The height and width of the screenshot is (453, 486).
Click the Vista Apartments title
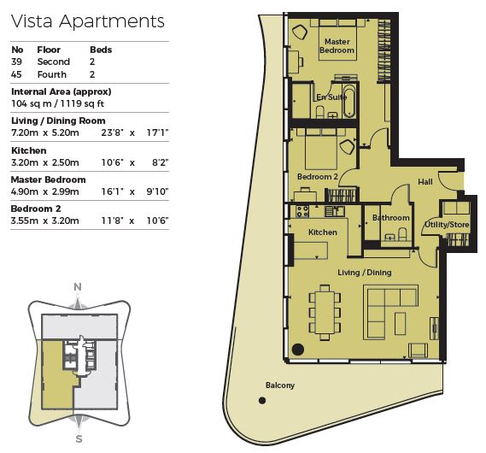pos(88,21)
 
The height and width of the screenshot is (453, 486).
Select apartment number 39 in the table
pos(16,62)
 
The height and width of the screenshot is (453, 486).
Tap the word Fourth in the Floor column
pos(52,74)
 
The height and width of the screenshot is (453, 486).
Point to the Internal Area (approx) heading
pos(61,91)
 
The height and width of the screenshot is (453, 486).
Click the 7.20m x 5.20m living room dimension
pos(45,132)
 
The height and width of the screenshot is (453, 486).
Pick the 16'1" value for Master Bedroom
pos(112,191)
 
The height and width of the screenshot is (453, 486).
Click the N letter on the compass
pos(78,287)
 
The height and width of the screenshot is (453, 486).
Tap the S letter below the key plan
pos(79,439)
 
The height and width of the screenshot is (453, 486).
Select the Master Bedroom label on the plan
pos(337,45)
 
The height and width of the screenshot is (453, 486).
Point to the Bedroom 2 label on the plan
pos(318,177)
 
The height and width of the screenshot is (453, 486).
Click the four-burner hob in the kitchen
pos(302,211)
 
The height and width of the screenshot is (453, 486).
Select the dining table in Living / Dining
pos(325,312)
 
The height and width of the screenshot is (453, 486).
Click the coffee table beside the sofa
pos(400,323)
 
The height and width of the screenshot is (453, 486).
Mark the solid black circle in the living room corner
pos(298,349)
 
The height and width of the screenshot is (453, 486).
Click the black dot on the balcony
pos(262,401)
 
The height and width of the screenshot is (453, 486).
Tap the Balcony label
pos(280,385)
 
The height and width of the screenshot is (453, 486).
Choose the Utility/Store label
pos(447,225)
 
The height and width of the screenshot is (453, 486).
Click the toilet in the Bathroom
pos(402,234)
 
